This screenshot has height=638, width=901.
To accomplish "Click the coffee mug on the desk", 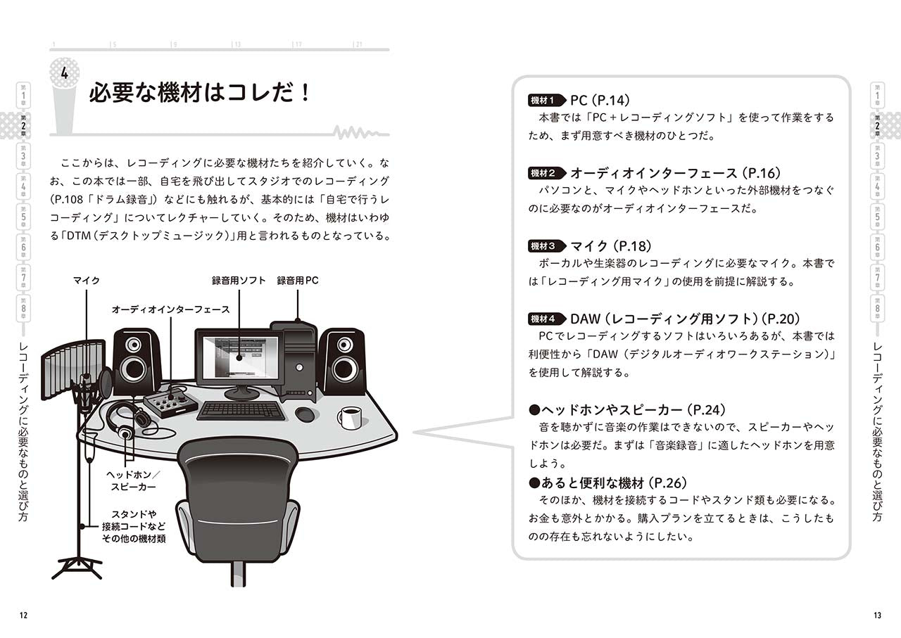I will [349, 417].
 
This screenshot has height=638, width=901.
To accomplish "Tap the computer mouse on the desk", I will [305, 414].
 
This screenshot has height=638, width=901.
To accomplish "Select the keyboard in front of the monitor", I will [241, 410].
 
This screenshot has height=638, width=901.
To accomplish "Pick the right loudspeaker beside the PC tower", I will [343, 360].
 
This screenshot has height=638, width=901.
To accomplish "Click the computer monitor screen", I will [239, 357].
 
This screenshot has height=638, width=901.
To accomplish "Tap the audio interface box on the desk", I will [170, 403].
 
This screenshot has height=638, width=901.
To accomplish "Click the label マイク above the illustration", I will [87, 281].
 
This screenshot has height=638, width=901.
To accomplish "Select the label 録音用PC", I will [298, 281].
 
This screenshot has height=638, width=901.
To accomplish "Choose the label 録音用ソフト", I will [239, 281].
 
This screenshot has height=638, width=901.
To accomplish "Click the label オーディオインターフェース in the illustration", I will [170, 309].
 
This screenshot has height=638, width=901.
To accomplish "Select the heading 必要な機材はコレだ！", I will [200, 93].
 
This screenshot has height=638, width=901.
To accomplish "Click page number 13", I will [876, 615].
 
